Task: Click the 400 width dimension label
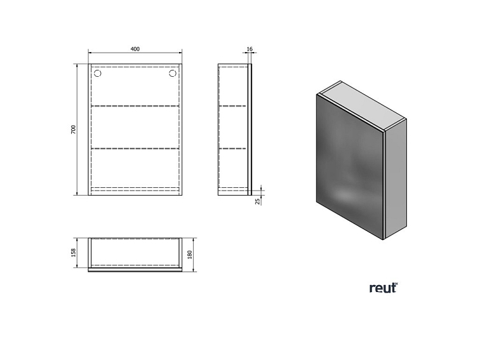pyautogui.click(x=135, y=49)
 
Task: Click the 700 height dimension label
pyautogui.click(x=74, y=130)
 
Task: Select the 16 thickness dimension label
pyautogui.click(x=250, y=49)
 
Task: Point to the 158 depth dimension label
pyautogui.click(x=74, y=252)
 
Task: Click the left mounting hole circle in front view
pyautogui.click(x=98, y=74)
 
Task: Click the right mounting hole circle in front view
pyautogui.click(x=173, y=74)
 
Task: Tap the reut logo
pyautogui.click(x=383, y=288)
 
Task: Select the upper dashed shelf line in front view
pyautogui.click(x=135, y=105)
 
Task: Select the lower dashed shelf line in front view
pyautogui.click(x=135, y=149)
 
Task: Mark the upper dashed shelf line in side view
pyautogui.click(x=232, y=105)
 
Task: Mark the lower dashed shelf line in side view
pyautogui.click(x=232, y=149)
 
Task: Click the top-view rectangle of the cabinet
pyautogui.click(x=135, y=253)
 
